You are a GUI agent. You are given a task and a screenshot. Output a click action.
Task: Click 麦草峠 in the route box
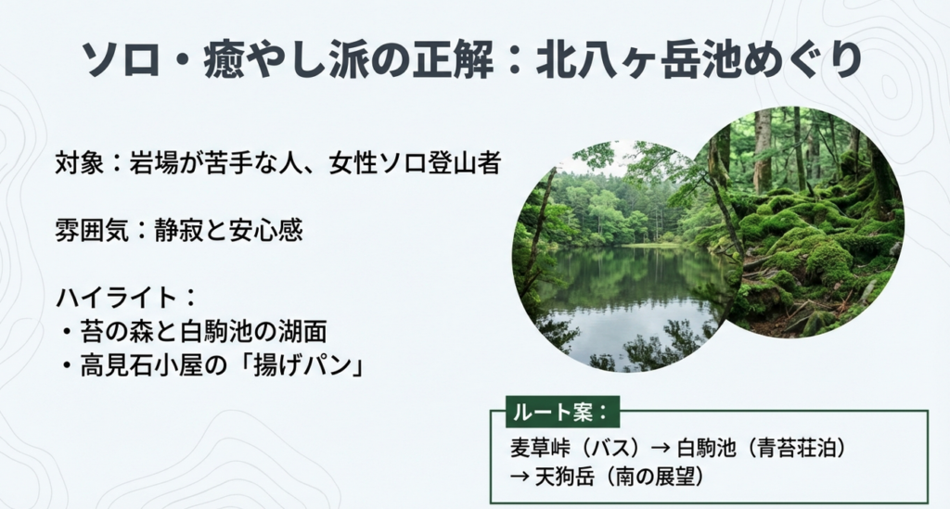(536, 447)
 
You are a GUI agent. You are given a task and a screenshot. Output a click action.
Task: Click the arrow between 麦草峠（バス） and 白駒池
(661, 447)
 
